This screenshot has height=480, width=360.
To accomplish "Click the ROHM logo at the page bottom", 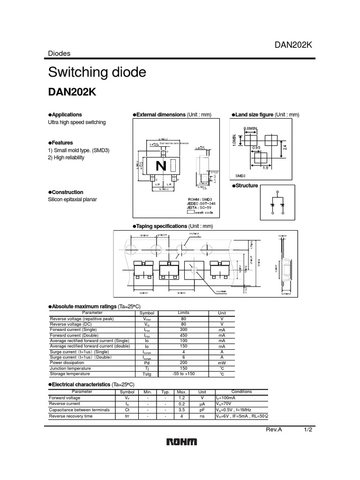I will (181, 442).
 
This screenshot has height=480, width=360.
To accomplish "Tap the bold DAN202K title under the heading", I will (72, 92).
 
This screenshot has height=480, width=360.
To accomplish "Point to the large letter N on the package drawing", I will (161, 166).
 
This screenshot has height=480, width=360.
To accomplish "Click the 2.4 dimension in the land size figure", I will (285, 147).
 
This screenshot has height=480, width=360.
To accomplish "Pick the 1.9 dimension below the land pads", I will (265, 168).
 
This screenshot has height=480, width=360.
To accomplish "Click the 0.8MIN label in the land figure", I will (251, 128).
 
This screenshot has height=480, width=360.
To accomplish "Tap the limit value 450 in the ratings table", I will (183, 335).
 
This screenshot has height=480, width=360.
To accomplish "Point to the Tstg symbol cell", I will (147, 374).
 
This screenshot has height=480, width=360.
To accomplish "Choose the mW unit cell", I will (222, 363).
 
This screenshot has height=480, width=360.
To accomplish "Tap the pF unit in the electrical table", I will (202, 409).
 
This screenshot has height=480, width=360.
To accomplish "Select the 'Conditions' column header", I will (241, 391).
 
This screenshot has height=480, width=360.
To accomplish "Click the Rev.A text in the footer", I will (274, 430).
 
